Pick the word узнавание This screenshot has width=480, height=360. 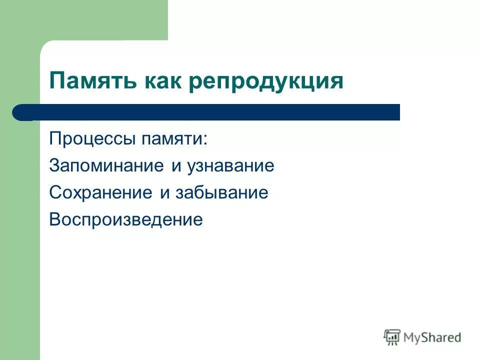click(x=230, y=166)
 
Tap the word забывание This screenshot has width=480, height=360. click(x=221, y=193)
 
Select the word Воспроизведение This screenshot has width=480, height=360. click(x=126, y=220)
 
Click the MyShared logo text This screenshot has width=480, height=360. click(x=432, y=337)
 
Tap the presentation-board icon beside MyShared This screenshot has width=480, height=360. click(x=392, y=337)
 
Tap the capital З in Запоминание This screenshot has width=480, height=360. click(x=54, y=166)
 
